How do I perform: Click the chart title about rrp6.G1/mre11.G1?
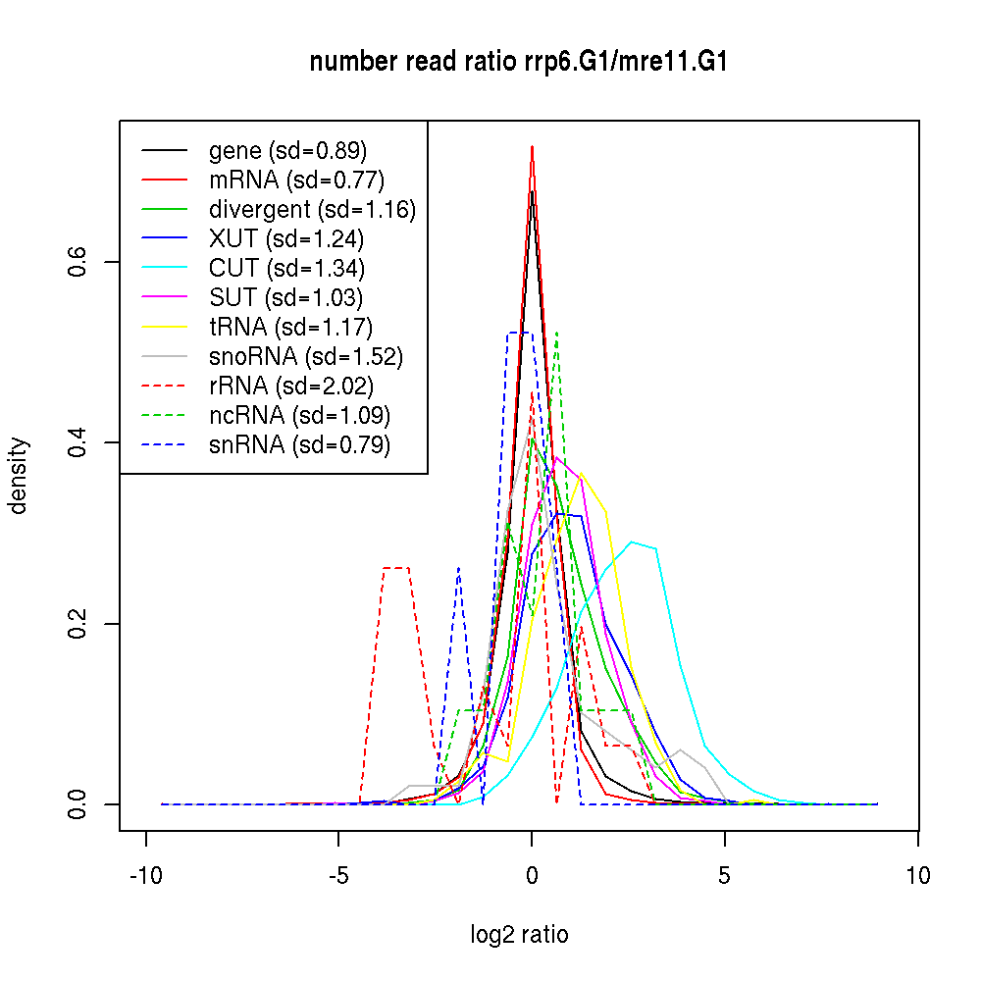coord(518,63)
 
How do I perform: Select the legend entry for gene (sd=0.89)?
coord(287,151)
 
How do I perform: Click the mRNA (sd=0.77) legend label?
coord(296,181)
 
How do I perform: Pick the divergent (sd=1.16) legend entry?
coord(312,210)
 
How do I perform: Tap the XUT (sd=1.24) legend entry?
coord(286,239)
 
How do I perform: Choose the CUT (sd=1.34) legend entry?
coord(286,269)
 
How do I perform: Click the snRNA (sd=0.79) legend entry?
coord(299,445)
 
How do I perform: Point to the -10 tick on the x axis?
coord(146,875)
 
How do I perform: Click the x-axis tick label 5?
coord(725,875)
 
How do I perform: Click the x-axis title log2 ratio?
coord(519,935)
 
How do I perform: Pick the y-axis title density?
coord(19,475)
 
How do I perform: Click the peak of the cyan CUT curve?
coord(634,542)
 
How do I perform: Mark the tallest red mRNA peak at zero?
coord(532,147)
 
